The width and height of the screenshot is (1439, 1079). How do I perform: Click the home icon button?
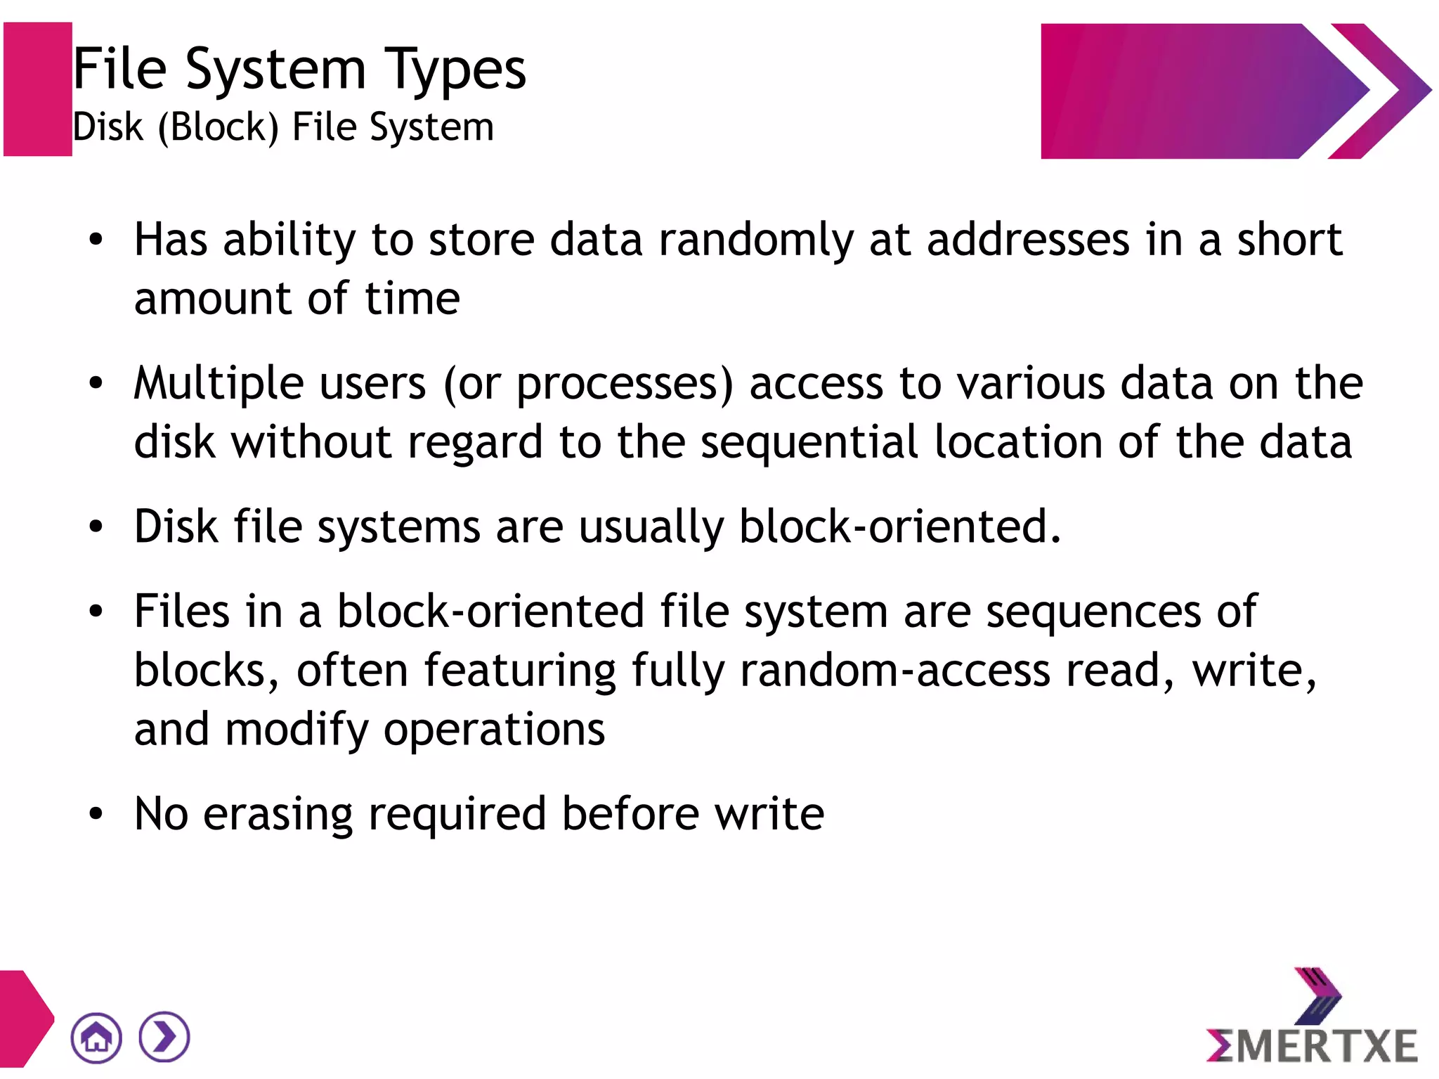point(96,1037)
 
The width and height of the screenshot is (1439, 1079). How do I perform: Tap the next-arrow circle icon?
point(164,1037)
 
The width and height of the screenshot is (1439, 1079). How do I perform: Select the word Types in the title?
point(455,70)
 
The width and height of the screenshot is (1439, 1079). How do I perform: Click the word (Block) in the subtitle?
point(218,128)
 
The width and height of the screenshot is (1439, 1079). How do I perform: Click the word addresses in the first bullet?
point(1028,240)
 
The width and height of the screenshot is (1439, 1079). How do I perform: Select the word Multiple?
point(219,385)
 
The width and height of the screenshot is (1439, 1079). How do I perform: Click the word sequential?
point(809,443)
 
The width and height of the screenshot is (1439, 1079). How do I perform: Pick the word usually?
point(651,527)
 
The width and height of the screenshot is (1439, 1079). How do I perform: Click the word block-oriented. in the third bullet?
point(899,527)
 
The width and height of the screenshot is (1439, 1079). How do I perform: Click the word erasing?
point(278,814)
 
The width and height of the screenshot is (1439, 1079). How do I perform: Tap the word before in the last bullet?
point(630,814)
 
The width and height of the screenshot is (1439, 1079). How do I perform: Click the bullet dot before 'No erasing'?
point(96,814)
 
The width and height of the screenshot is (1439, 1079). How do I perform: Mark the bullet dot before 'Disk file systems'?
point(96,526)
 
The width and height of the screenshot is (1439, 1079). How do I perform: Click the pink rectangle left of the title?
point(38,89)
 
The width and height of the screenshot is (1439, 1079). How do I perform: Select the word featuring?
point(520,671)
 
